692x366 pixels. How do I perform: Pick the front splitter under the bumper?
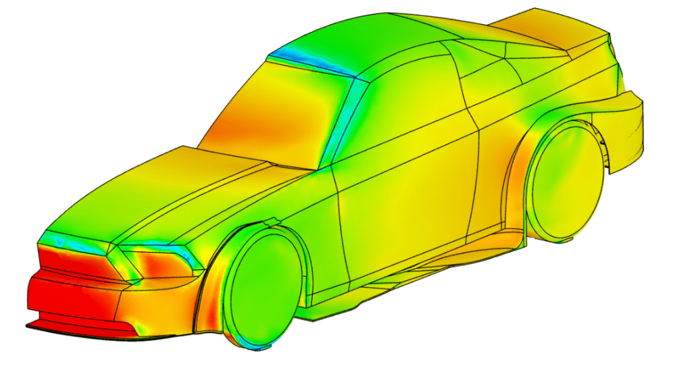(x=81, y=330)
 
